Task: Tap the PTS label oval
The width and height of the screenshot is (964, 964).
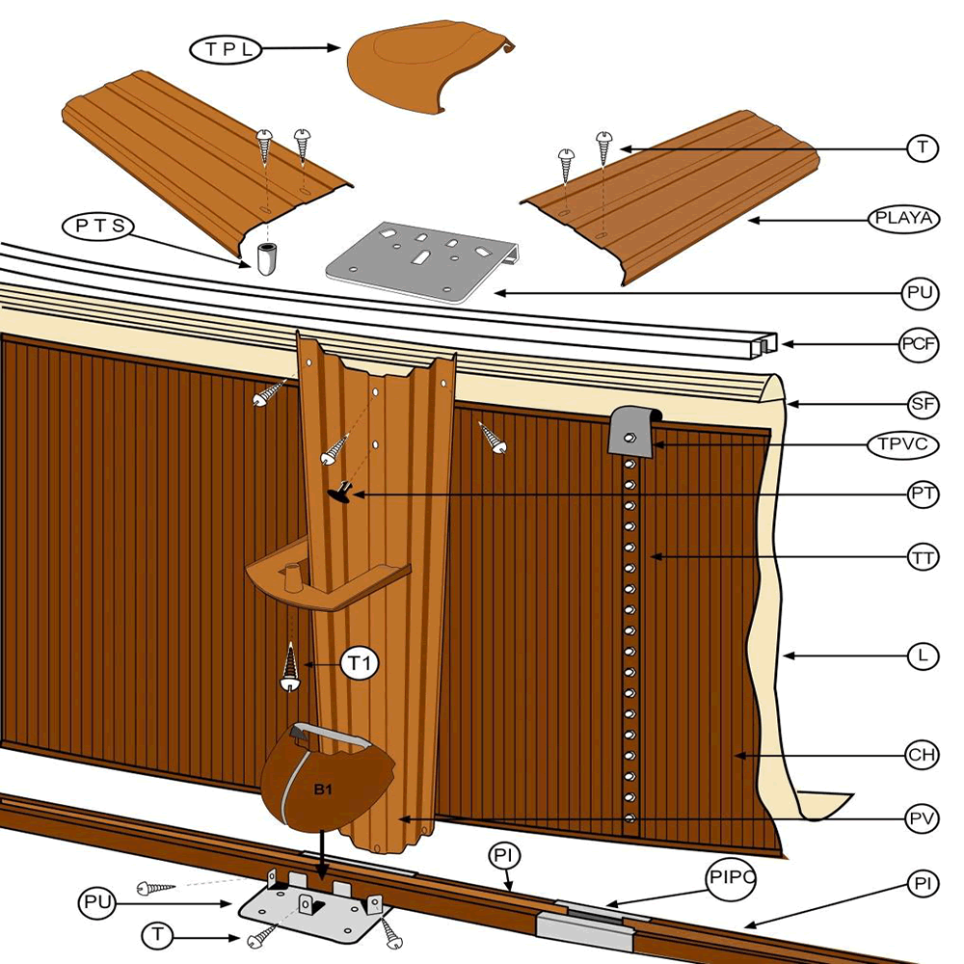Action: tap(98, 228)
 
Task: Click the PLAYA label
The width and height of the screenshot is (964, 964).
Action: tap(902, 219)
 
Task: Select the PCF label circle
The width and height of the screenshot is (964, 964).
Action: tap(921, 344)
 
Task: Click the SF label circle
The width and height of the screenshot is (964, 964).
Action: tap(923, 405)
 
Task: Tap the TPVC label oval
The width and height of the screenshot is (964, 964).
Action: tap(902, 445)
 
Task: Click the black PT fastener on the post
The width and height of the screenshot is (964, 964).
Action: tap(341, 492)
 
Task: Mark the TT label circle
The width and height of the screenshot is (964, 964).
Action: tap(923, 557)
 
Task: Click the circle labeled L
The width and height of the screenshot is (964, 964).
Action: tap(923, 656)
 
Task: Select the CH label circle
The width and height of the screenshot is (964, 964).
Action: tap(923, 755)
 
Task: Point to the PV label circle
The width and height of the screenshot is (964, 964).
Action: tap(923, 819)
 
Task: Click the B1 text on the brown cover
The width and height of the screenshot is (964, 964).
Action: tap(324, 789)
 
